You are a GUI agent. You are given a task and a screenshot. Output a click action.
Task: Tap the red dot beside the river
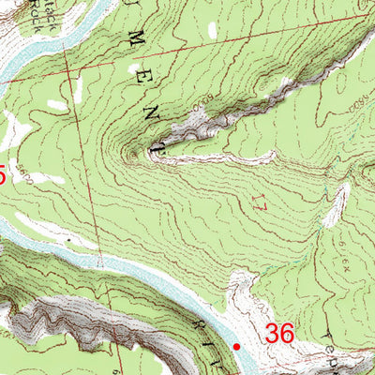236,347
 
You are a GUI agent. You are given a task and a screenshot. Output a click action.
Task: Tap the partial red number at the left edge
3,174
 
